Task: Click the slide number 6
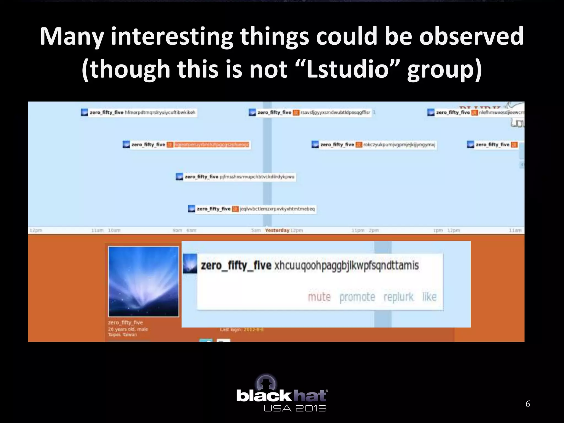point(527,404)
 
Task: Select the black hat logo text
point(281,396)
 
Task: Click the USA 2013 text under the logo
point(295,408)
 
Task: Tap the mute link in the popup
point(319,297)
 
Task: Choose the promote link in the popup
point(357,297)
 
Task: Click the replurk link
point(398,297)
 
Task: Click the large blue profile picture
point(143,281)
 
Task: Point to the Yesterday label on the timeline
point(277,230)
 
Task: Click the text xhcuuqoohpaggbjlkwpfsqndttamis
point(346,265)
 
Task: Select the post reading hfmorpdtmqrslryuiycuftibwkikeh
point(160,112)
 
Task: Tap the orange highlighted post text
point(211,145)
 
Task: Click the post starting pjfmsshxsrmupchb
point(257,177)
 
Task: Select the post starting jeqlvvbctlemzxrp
point(277,209)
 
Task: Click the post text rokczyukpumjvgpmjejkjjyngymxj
point(399,145)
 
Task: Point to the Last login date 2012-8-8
point(253,330)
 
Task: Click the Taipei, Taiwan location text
point(122,335)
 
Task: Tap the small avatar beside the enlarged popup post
point(190,264)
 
